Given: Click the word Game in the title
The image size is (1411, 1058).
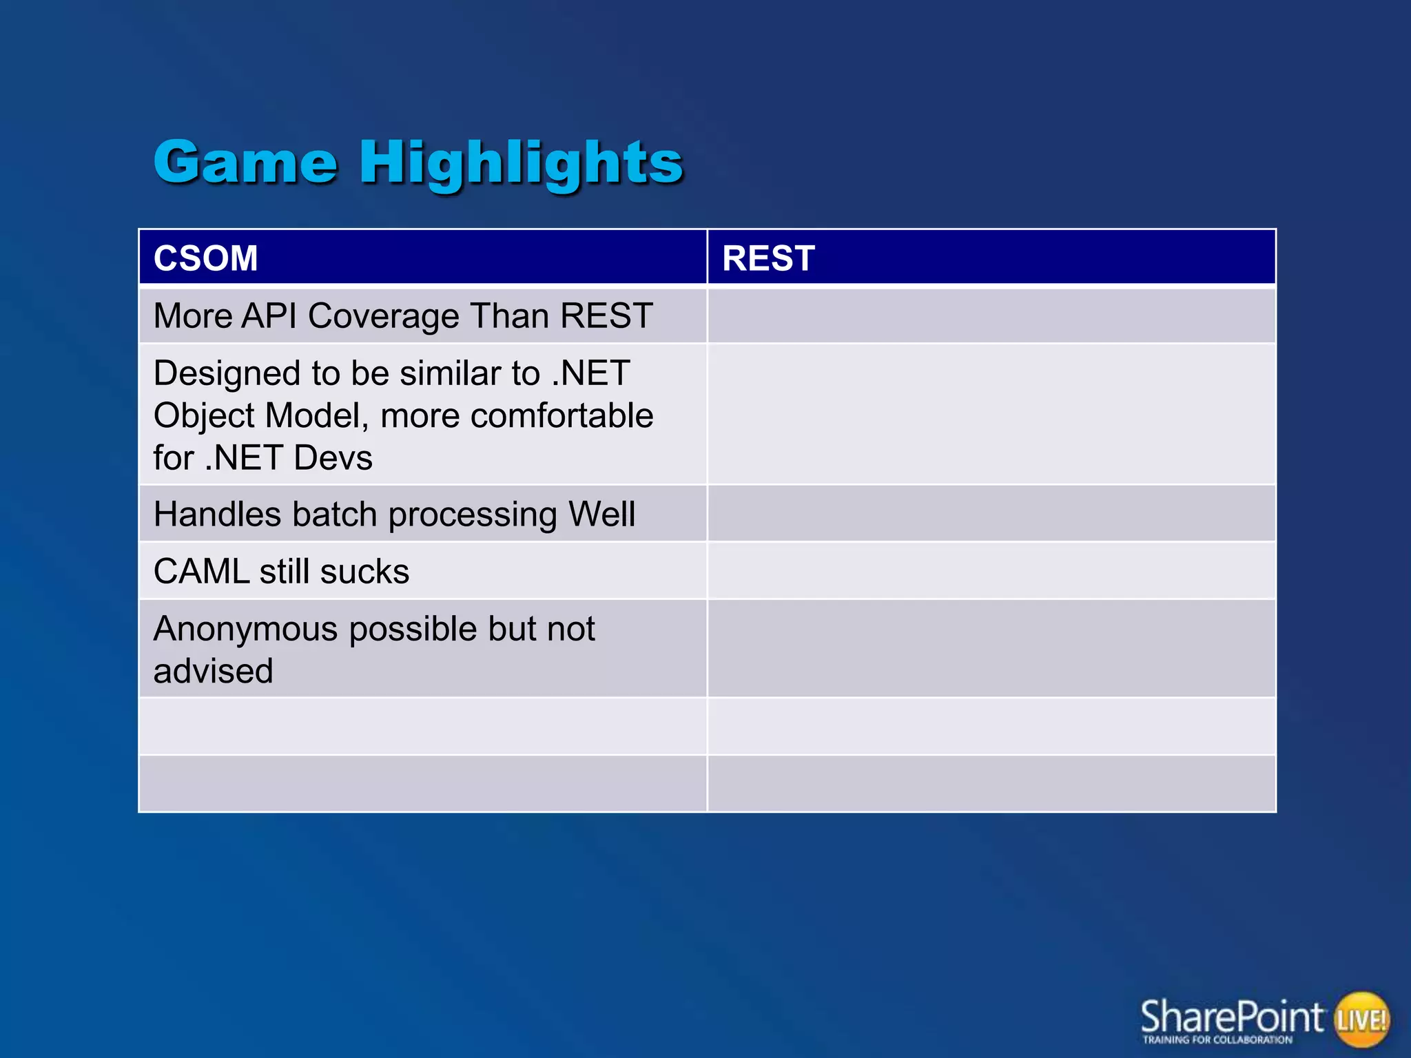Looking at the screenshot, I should [x=245, y=163].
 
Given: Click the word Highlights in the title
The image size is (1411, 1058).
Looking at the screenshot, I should [x=521, y=163].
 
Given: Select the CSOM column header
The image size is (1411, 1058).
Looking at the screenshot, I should [x=205, y=258].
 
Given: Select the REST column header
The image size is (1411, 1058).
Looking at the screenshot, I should [x=768, y=258].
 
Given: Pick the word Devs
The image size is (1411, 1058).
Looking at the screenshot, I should [x=333, y=458].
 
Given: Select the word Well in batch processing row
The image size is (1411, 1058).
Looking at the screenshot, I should [x=601, y=515].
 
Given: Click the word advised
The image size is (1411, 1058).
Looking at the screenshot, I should [x=213, y=671].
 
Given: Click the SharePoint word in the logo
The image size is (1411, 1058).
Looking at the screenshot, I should [x=1231, y=1016].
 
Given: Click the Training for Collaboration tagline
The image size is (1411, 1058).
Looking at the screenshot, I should [x=1217, y=1040].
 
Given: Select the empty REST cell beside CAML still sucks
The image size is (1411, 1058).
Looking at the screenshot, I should [x=991, y=570].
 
